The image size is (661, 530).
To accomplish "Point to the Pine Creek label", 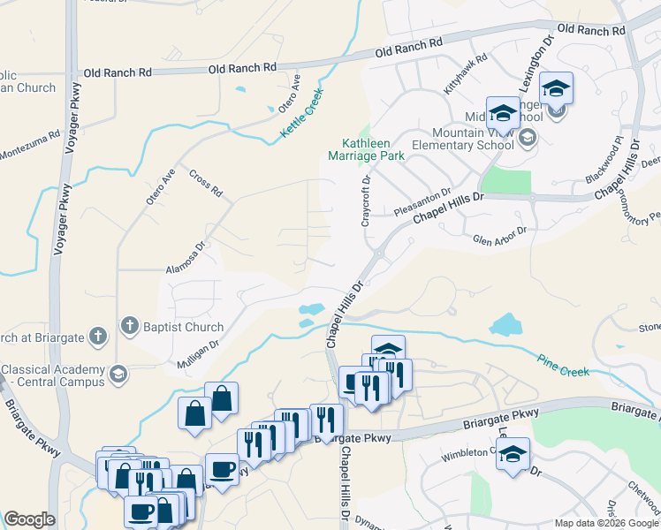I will [x=563, y=364].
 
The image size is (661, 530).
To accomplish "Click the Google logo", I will [x=29, y=519].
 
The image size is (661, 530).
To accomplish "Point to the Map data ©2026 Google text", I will [x=605, y=523].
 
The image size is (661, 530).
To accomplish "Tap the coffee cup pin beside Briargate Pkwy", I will [x=222, y=468].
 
